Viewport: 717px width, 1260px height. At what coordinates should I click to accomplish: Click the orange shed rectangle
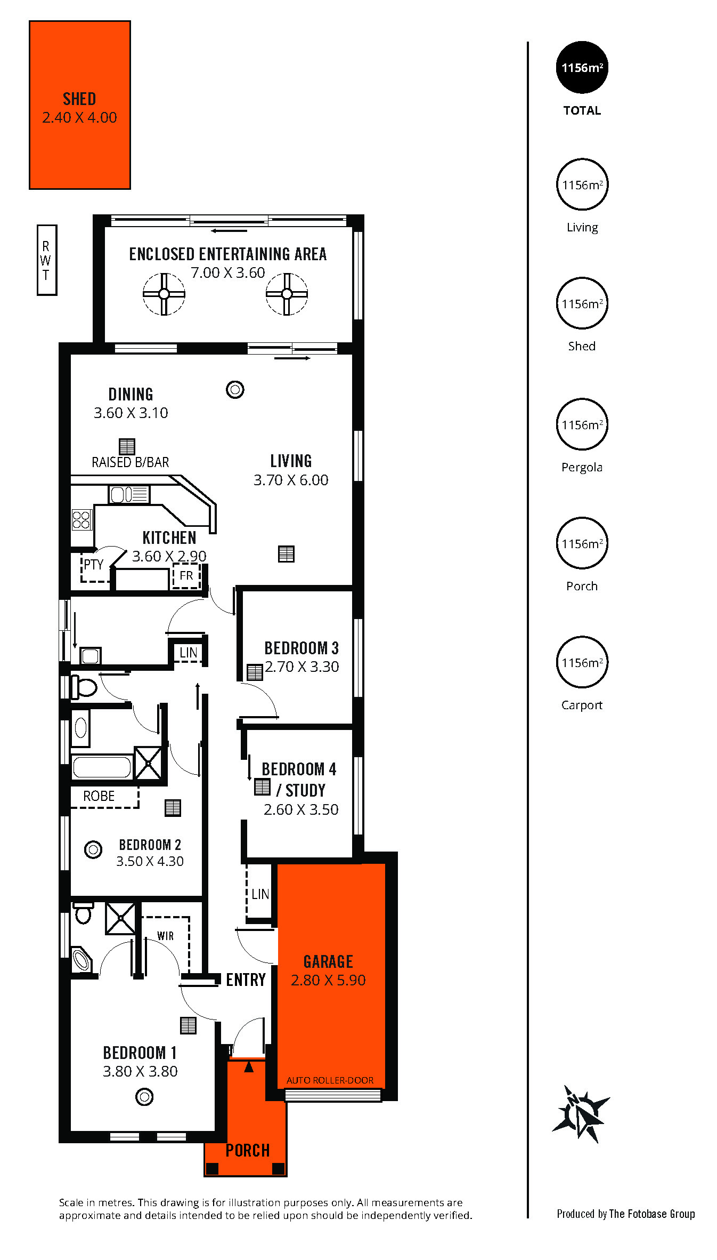click(80, 105)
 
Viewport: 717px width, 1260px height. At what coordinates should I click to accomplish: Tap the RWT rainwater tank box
click(47, 260)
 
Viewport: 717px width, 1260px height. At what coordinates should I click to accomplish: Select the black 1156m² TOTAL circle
click(582, 67)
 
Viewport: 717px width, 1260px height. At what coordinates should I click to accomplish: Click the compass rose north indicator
click(581, 1114)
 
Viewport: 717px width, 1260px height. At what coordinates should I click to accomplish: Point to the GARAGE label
click(328, 961)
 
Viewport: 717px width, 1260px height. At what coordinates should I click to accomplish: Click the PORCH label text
click(248, 1150)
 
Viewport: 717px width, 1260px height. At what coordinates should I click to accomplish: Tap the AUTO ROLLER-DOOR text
click(330, 1080)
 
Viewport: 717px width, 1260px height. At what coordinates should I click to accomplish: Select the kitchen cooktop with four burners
click(82, 519)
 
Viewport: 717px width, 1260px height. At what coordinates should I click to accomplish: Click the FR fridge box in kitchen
click(186, 576)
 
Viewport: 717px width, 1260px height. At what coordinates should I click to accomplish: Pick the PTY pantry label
click(94, 564)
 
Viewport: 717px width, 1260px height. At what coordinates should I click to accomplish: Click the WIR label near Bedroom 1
click(165, 936)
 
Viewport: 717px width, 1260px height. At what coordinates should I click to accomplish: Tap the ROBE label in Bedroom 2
click(99, 796)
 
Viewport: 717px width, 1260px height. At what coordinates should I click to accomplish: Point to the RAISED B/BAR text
click(131, 462)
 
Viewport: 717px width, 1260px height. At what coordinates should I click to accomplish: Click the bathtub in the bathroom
click(102, 767)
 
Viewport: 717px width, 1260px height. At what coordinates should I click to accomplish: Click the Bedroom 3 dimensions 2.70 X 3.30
click(302, 667)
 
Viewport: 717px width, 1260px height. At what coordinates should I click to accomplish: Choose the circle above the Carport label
click(582, 662)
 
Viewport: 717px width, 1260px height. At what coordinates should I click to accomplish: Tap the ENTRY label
click(246, 980)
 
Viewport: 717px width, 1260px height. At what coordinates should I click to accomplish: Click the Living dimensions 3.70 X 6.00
click(291, 480)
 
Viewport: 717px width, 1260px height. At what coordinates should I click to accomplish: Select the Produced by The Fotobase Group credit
click(626, 1214)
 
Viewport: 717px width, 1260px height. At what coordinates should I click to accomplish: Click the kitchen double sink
click(129, 494)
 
